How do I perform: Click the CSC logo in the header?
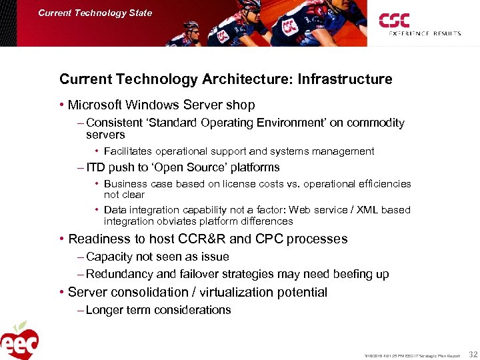(395, 20)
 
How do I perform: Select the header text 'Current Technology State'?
(95, 13)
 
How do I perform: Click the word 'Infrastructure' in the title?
(345, 79)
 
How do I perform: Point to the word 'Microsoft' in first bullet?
(95, 105)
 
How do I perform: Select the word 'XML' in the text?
(366, 210)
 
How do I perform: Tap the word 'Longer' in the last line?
(105, 310)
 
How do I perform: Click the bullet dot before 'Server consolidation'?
(61, 292)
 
